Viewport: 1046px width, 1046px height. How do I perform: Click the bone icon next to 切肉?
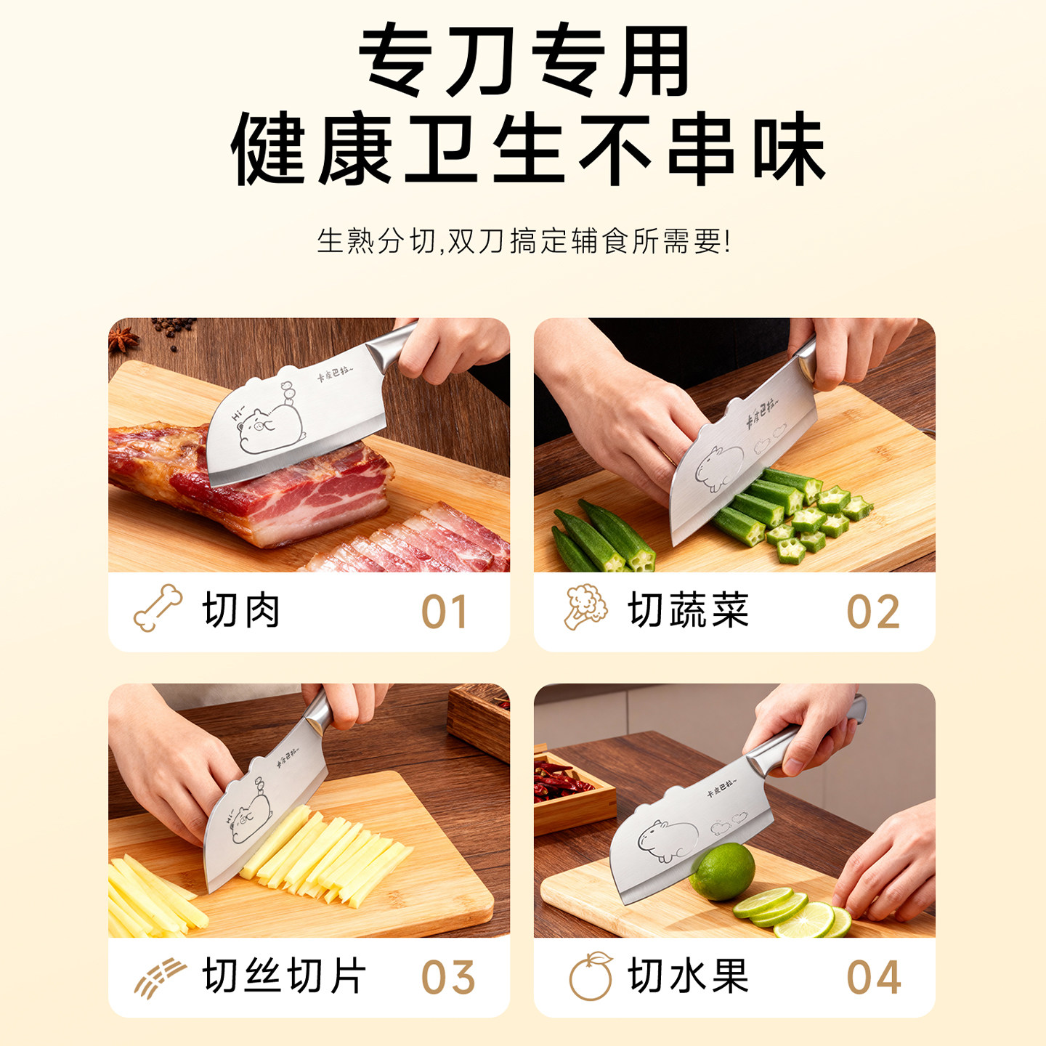[158, 608]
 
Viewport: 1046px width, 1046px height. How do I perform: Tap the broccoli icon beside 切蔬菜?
[585, 607]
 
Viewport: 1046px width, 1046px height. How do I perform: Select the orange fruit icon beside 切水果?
[591, 976]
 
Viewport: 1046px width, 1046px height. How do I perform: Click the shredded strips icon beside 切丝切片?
[160, 977]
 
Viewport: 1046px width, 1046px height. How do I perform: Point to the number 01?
[445, 612]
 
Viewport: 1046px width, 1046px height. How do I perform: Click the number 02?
[873, 612]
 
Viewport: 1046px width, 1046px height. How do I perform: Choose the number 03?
[448, 977]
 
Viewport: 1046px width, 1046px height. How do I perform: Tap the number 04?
[874, 977]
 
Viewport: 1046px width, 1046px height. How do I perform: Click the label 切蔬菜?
[688, 610]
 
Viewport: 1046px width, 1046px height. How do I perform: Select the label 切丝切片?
[284, 976]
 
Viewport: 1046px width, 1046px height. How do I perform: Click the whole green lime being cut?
[722, 872]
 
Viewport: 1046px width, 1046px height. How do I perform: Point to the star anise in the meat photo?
[123, 338]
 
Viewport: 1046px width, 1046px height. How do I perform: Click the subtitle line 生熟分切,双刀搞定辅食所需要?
[523, 241]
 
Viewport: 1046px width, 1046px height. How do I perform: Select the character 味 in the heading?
[789, 149]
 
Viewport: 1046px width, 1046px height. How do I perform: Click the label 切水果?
[688, 976]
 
